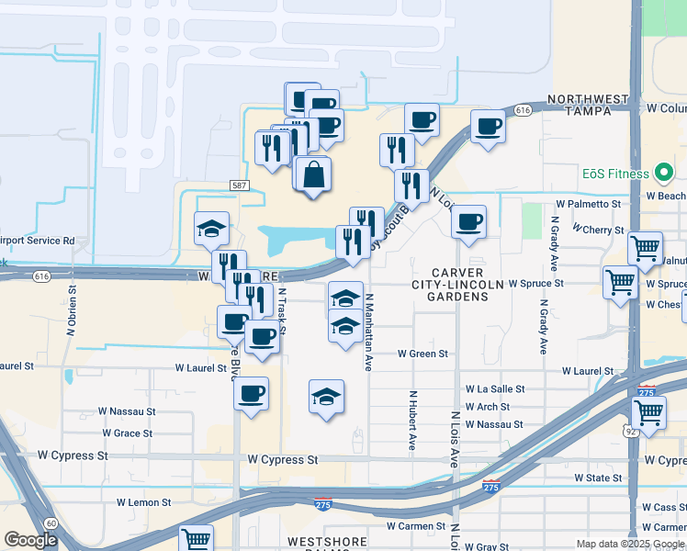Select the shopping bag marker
(x=313, y=174)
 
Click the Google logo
(x=31, y=540)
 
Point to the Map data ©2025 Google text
(x=629, y=544)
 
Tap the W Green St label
(x=422, y=354)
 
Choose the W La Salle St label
(x=495, y=389)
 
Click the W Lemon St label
(x=143, y=503)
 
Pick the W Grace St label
(x=126, y=433)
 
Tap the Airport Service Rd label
(x=37, y=241)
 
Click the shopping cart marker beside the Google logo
(x=196, y=539)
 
